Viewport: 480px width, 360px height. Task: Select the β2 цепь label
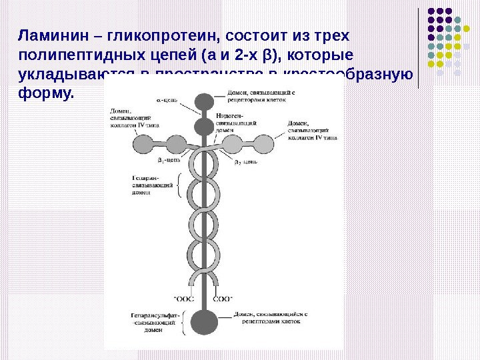tap(245, 161)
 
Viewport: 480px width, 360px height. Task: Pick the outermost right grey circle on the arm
tap(266, 143)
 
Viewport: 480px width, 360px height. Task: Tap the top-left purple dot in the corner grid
tap(431, 11)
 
